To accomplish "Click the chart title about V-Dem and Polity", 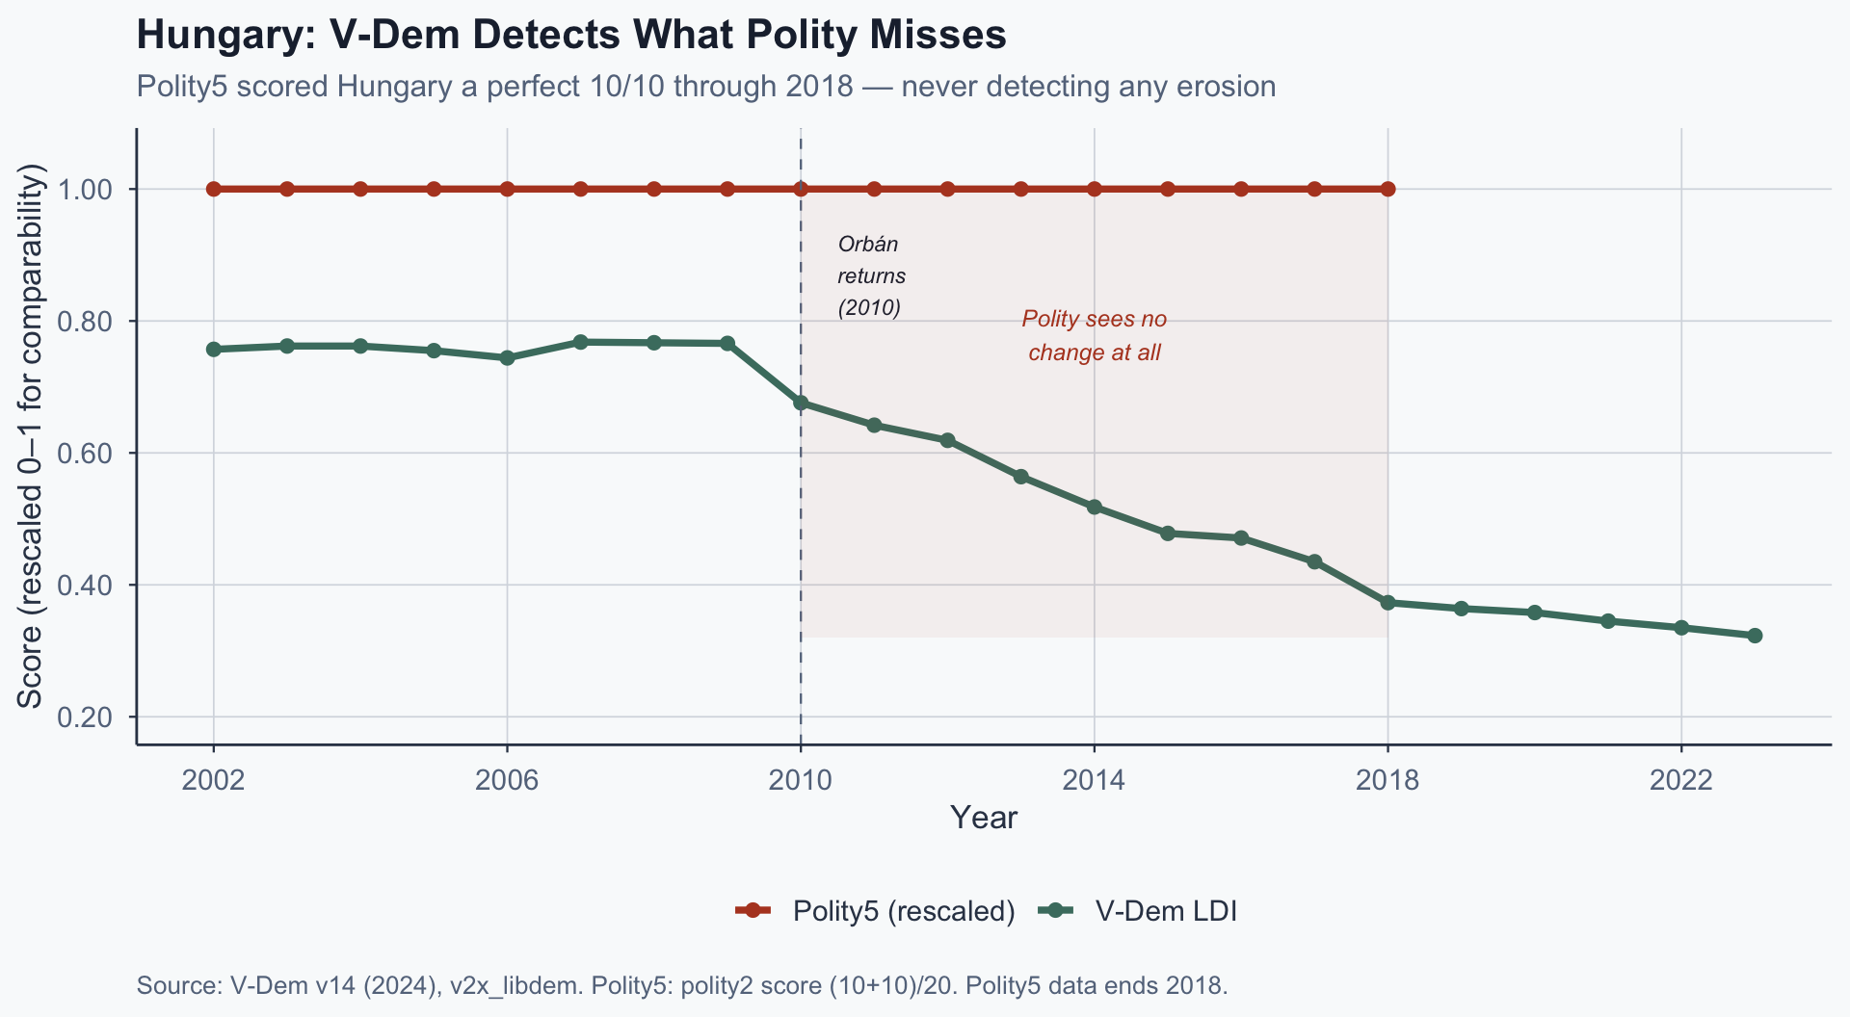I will [x=571, y=36].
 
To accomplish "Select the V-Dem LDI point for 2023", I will [x=1755, y=636].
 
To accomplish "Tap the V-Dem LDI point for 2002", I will [x=214, y=349].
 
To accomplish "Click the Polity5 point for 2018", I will [x=1387, y=189].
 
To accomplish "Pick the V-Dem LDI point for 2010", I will [x=801, y=403].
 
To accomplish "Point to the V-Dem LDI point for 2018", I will [x=1387, y=603].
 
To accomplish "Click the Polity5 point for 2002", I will [x=214, y=189].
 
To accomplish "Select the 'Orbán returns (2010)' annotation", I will [x=871, y=275].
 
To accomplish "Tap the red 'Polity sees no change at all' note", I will [x=1095, y=335].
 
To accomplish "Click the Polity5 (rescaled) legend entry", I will [x=875, y=911].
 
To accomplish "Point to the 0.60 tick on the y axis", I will [x=86, y=453].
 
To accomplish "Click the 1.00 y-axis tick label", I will [x=86, y=189].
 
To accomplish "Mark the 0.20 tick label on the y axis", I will [x=86, y=717].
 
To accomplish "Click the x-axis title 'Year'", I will [x=983, y=818].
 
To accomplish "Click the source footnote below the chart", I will [x=682, y=986].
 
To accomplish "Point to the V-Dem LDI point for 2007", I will [x=581, y=342].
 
